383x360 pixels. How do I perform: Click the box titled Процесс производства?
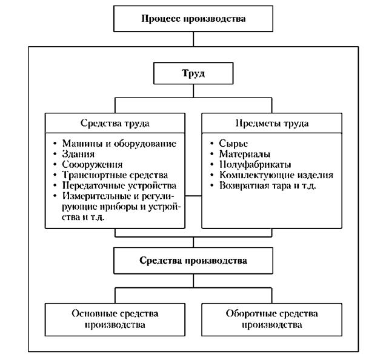[193, 18]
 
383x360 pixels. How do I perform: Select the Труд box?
[193, 75]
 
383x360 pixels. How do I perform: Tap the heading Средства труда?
[115, 124]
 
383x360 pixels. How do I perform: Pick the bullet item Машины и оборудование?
[119, 144]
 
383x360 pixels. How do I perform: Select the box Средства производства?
[193, 262]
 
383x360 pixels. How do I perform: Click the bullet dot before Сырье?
[212, 144]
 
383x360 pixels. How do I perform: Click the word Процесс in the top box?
[162, 18]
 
